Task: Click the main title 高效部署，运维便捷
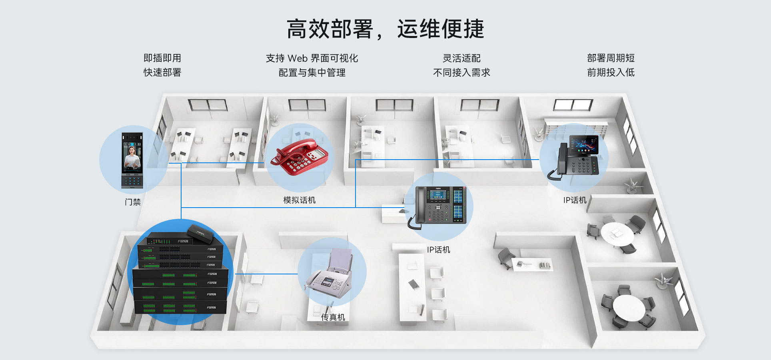(385, 29)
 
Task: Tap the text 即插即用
(162, 58)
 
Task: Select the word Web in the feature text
(298, 58)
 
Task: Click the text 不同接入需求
(461, 72)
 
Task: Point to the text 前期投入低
(611, 72)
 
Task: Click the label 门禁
(133, 202)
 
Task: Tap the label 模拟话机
(300, 200)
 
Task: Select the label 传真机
(333, 317)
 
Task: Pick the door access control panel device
(132, 160)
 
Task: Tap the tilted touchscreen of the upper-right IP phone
(584, 145)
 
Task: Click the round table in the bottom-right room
(629, 307)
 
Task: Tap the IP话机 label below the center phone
(439, 250)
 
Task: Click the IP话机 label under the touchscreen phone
(575, 200)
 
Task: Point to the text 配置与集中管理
(312, 72)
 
